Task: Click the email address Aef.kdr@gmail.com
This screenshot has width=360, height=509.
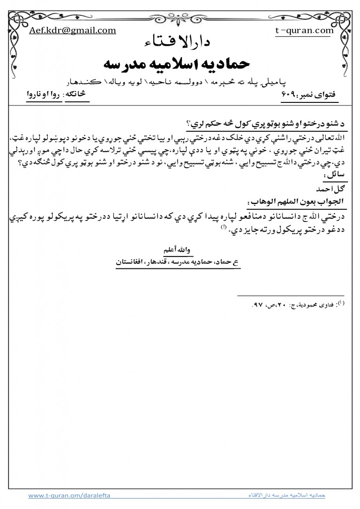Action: point(73,30)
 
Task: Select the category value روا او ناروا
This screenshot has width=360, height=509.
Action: point(42,95)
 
